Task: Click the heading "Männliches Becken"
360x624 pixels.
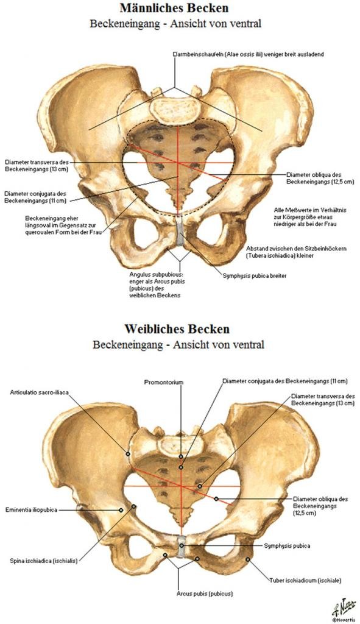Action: click(174, 8)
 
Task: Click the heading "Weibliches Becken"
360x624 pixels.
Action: click(177, 329)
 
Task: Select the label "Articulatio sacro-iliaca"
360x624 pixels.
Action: click(40, 392)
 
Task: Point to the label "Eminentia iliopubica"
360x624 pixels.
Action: click(32, 510)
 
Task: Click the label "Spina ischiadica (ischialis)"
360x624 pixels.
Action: click(44, 561)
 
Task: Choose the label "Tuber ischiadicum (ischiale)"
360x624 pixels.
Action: click(305, 581)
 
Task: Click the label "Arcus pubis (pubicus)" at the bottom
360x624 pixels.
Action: click(205, 594)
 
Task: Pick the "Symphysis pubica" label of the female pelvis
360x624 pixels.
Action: click(287, 545)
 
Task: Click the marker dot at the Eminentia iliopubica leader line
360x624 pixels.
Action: click(121, 510)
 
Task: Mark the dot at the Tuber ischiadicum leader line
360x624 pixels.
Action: click(247, 559)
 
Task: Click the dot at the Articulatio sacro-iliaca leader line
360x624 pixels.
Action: click(128, 453)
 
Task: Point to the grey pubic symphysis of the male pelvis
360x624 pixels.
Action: click(180, 232)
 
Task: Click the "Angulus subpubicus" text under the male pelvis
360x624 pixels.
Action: click(156, 274)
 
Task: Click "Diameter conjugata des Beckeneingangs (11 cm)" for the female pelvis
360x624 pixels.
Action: click(285, 381)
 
